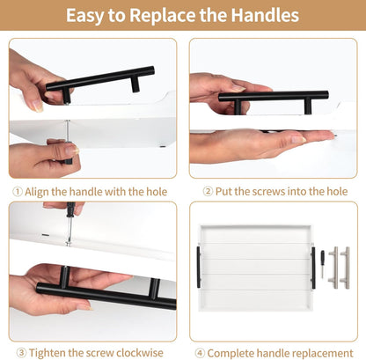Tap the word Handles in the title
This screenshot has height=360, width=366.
point(265,15)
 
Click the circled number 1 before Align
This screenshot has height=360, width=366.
point(18,192)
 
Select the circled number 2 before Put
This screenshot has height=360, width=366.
point(208,192)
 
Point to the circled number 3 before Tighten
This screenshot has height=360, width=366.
point(21,353)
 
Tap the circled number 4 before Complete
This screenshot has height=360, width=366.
point(200,353)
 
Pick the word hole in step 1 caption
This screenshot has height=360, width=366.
point(157,192)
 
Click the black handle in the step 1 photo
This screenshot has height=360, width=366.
point(100,81)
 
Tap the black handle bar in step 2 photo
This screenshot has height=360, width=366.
point(274,99)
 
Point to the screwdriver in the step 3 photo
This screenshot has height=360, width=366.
point(70,223)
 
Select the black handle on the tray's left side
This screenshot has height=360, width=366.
point(199,267)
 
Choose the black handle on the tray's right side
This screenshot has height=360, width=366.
point(313,268)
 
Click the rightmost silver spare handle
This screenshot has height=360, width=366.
point(346,268)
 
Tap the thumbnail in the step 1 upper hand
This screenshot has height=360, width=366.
point(38,106)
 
